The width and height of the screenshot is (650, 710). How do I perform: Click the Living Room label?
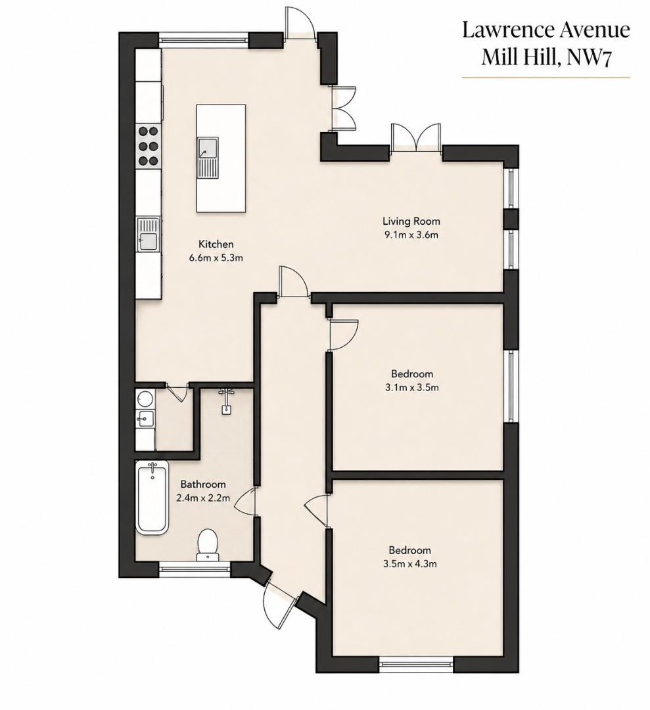click(411, 222)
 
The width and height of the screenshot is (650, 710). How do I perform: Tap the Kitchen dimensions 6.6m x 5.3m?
click(216, 258)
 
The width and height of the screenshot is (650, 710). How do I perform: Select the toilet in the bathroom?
click(208, 544)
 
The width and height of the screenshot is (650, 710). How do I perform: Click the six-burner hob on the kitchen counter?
click(149, 146)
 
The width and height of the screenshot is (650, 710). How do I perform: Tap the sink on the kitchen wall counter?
click(149, 234)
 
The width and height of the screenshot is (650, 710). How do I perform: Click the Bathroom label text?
click(203, 485)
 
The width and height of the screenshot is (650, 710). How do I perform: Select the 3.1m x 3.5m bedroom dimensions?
click(411, 388)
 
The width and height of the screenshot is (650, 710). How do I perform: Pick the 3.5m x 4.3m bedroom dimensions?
click(409, 564)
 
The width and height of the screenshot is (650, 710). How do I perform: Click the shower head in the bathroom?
click(226, 401)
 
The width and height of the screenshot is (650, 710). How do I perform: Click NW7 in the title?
click(591, 58)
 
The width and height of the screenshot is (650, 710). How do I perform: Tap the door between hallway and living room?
click(293, 282)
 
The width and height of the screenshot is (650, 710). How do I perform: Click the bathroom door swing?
click(246, 501)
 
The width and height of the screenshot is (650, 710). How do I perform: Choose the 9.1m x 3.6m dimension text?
click(411, 235)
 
